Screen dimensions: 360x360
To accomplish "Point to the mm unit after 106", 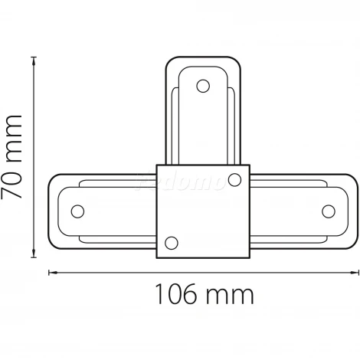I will (230, 293).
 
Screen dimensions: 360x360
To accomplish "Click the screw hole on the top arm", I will (203, 86).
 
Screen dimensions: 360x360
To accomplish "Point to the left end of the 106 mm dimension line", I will (50, 271).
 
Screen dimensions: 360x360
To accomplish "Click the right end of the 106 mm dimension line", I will (358, 271).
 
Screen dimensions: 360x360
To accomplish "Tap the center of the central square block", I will (204, 211).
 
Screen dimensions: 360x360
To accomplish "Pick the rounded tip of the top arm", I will (203, 57).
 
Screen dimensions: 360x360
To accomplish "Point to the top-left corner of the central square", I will (157, 165).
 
